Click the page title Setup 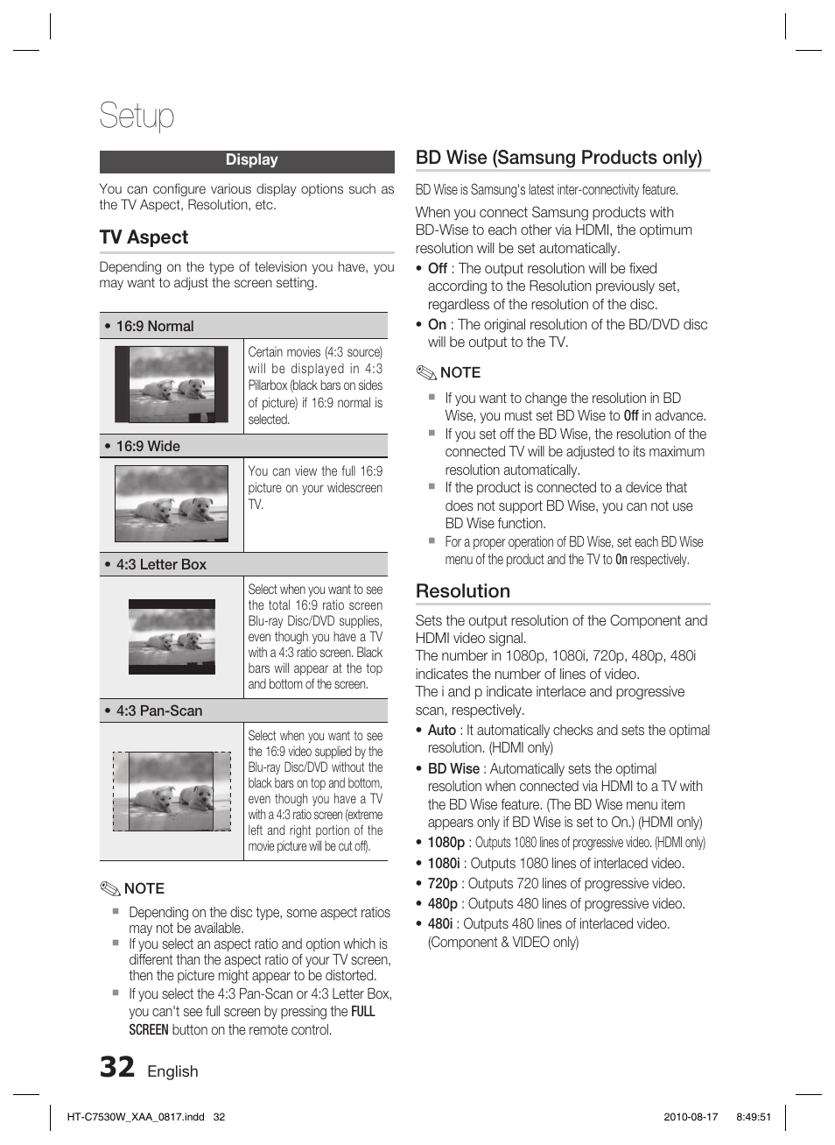point(137,116)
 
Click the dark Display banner point(247,160)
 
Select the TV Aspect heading point(144,237)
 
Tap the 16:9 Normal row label point(154,326)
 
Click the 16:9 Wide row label point(148,446)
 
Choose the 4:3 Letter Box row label point(161,564)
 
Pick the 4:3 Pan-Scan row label point(158,710)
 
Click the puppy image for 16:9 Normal point(172,385)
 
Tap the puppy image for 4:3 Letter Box point(172,637)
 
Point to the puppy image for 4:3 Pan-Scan point(172,791)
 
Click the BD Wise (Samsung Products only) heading point(558,158)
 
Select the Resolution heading point(462,591)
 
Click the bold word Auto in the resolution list point(441,730)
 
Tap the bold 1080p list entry point(446,842)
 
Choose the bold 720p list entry point(442,883)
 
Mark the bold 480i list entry point(439,923)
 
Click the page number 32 point(117,1067)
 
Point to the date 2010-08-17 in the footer point(691,1117)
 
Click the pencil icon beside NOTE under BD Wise point(426,372)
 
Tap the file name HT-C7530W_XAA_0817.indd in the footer point(136,1117)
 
